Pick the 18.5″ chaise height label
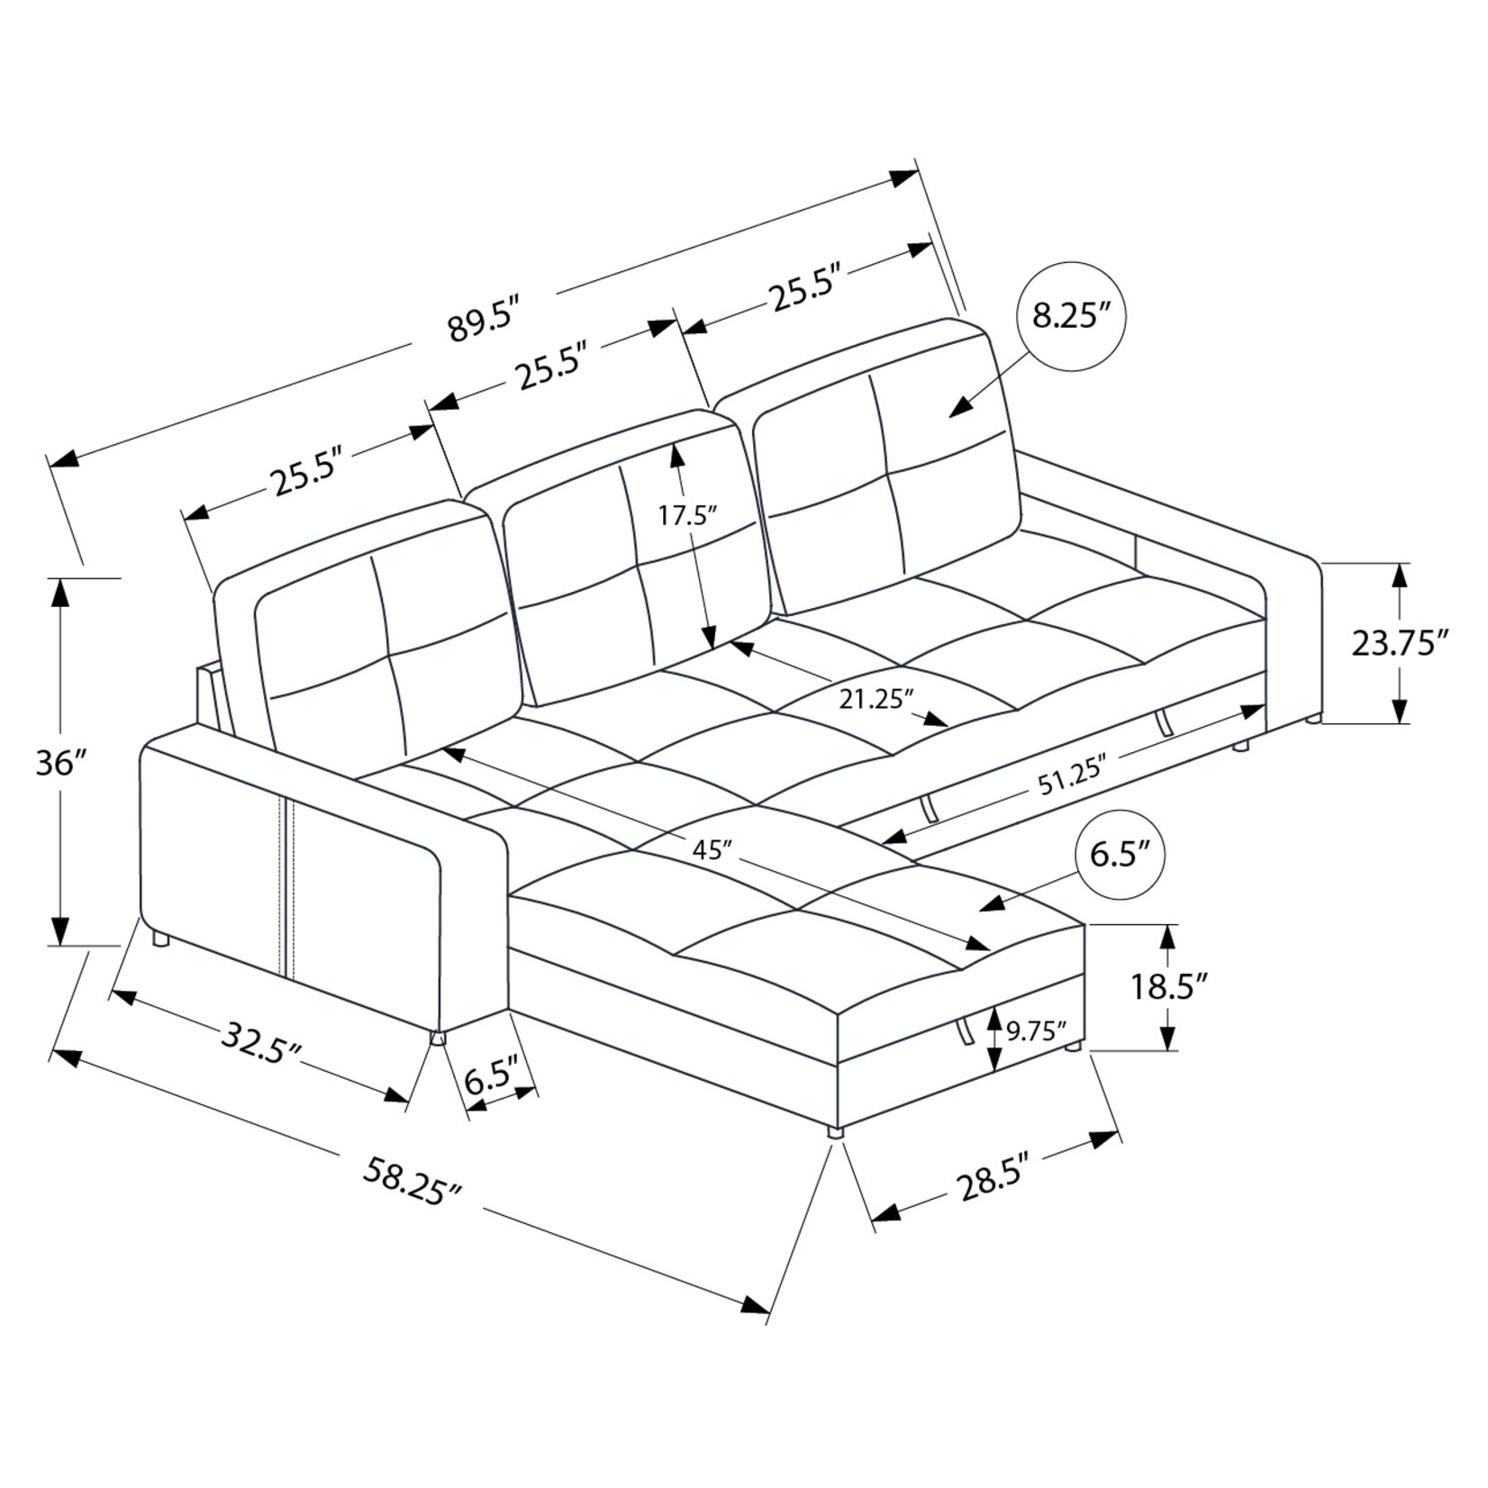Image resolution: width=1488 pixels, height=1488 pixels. pos(1168,987)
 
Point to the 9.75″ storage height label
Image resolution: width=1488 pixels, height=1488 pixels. pos(1036,1030)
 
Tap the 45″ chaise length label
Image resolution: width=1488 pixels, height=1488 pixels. pos(711,848)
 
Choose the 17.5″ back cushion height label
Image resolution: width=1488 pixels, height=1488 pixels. pos(686,515)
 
